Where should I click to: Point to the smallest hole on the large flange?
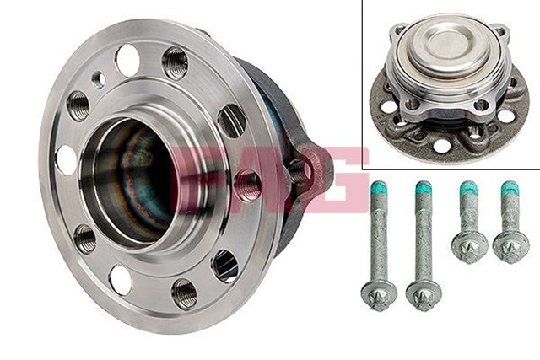[x=98, y=80]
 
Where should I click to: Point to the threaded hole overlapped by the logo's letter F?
[x=247, y=185]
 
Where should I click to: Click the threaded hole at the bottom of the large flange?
[x=185, y=293]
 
